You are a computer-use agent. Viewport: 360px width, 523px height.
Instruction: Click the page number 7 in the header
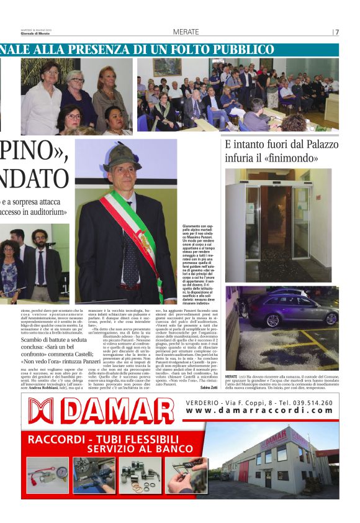click(x=337, y=32)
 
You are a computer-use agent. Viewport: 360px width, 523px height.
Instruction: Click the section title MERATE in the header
click(x=186, y=32)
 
